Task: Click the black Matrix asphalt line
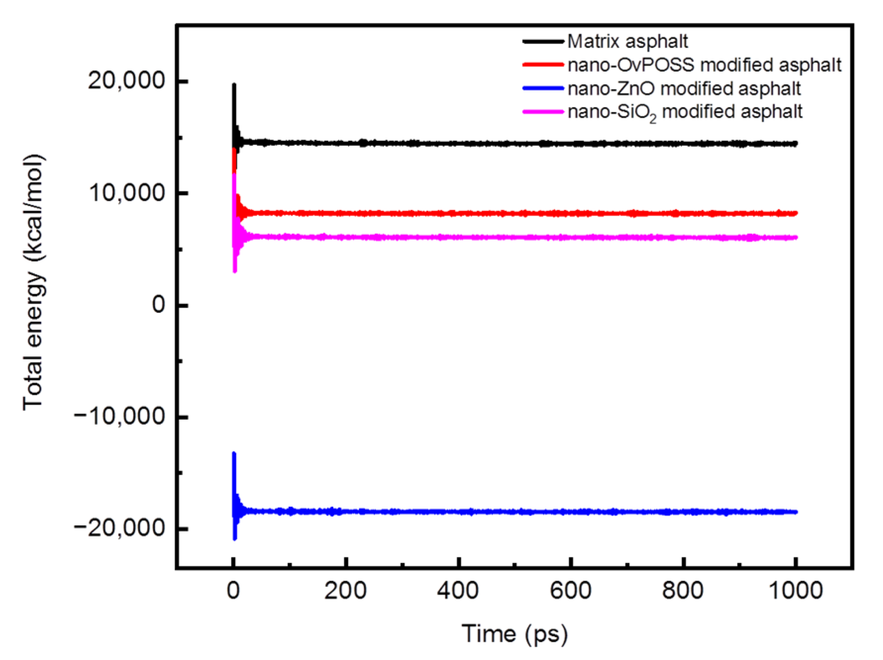pos(495,143)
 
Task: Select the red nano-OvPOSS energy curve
pos(495,214)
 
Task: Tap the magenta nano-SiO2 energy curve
pos(495,238)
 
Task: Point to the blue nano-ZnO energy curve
pos(495,512)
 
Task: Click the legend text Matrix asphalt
pos(627,42)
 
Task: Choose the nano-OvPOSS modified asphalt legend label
pos(704,65)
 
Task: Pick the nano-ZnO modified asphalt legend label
pos(684,88)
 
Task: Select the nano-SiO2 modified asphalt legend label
pos(685,112)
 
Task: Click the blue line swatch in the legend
pos(543,88)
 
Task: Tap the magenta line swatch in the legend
pos(543,112)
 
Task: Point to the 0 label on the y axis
pos(158,305)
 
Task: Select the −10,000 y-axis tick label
pos(119,416)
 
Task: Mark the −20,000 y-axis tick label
pos(119,528)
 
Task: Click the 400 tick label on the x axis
pos(458,590)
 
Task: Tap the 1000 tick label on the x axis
pos(795,590)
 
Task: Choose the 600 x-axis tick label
pos(571,590)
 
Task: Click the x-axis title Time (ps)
pos(515,634)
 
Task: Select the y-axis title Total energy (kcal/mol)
pos(34,282)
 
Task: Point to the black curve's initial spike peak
pos(234,85)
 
